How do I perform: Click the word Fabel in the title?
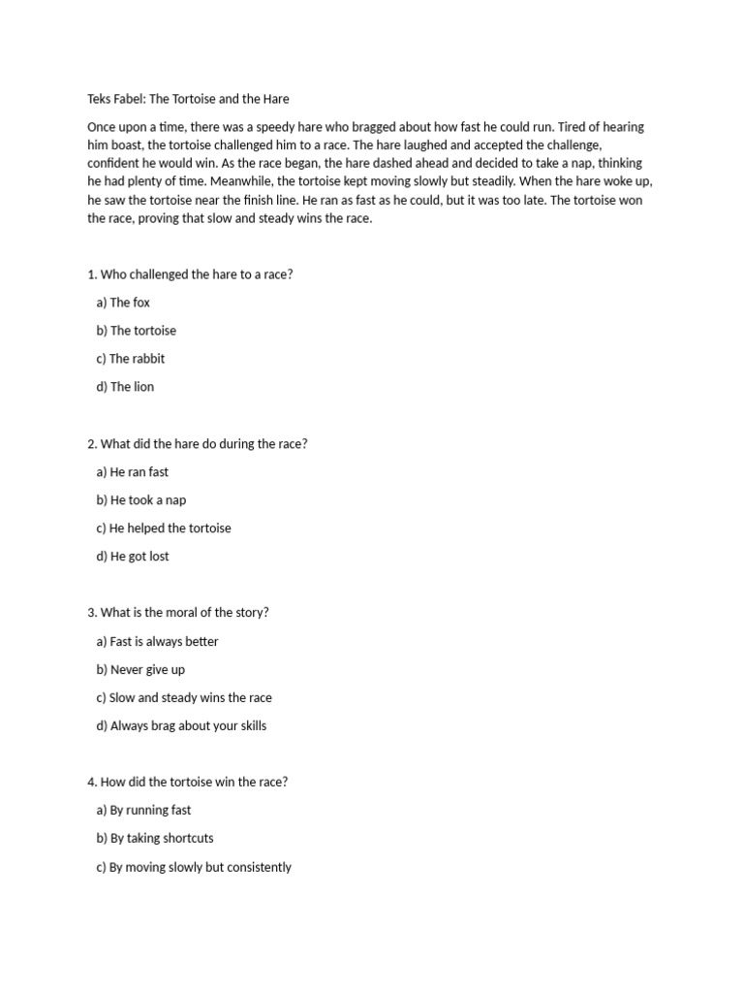pos(135,99)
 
